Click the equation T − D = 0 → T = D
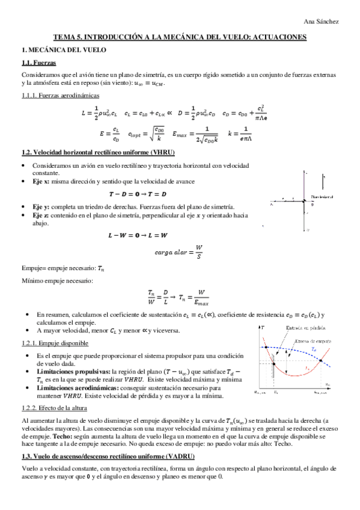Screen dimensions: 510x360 138,194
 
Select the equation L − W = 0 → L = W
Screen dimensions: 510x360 138,235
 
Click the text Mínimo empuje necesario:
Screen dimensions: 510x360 49,280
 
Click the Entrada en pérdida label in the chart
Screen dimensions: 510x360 305,327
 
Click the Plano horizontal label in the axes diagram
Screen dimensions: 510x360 324,197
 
